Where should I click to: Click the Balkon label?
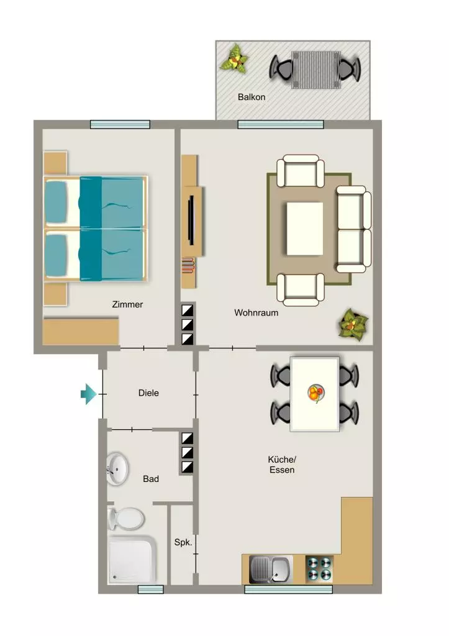tap(252, 97)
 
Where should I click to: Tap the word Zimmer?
tap(127, 304)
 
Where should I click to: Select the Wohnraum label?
tap(256, 313)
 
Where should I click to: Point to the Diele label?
tap(148, 393)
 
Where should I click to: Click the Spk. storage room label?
tap(183, 542)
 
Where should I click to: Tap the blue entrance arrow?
tap(88, 394)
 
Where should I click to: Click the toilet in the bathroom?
tap(126, 519)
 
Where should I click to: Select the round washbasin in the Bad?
tap(117, 468)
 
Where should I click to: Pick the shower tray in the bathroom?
tap(132, 560)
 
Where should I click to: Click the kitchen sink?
tap(270, 570)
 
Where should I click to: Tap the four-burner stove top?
tap(319, 569)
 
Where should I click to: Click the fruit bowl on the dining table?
tap(316, 393)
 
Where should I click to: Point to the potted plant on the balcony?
tap(234, 59)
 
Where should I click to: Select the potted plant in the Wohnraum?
tap(353, 324)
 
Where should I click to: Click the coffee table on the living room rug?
tap(304, 229)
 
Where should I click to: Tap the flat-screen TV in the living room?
tap(191, 220)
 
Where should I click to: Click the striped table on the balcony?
tap(316, 70)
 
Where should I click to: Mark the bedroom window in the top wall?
tap(120, 124)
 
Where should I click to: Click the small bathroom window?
tap(150, 589)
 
